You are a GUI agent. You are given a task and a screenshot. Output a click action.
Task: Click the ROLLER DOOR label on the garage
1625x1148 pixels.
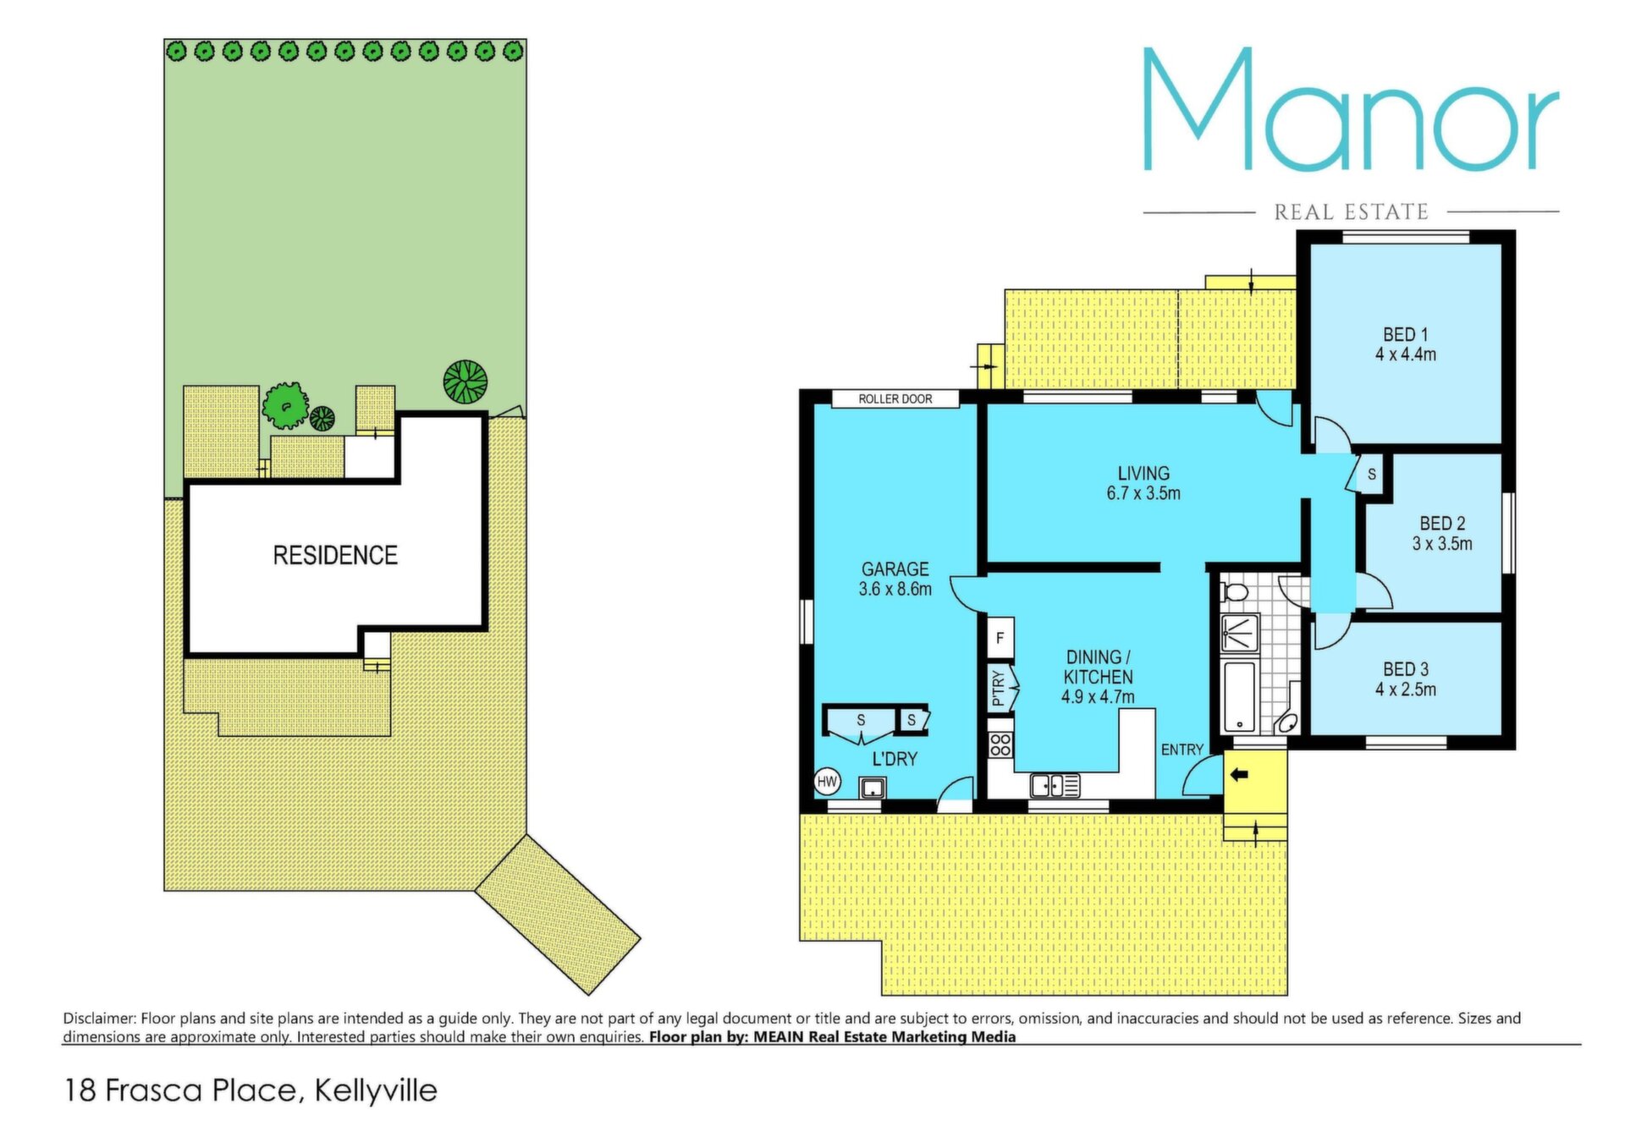pos(895,398)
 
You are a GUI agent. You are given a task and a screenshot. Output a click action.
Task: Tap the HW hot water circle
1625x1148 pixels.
pos(827,782)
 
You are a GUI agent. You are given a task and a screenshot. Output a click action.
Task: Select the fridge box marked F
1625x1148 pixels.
pos(1000,638)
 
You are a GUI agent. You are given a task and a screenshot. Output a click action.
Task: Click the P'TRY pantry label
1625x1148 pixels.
pos(998,689)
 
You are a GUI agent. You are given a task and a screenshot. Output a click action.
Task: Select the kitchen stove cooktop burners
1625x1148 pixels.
pos(1000,744)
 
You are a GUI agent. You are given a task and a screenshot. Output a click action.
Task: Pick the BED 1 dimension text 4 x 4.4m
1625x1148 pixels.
pos(1405,354)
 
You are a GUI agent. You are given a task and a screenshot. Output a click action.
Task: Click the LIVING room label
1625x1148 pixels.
pos(1143,474)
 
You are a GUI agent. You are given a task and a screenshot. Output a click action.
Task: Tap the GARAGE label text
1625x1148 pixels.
pos(895,569)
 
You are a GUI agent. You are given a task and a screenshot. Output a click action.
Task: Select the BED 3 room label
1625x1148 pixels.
pos(1405,669)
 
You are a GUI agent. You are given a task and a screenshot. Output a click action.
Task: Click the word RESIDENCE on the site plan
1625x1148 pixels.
pos(335,555)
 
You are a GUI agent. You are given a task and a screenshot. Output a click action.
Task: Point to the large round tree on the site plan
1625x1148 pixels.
pos(465,382)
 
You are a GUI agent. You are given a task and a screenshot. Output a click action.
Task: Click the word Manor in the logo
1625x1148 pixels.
pos(1351,109)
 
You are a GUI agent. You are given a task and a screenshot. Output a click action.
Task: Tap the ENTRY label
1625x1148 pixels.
pos(1182,750)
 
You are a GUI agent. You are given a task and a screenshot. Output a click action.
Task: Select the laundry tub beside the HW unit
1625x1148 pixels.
pos(873,788)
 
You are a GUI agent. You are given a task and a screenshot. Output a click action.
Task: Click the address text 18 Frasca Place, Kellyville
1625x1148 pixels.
pos(251,1090)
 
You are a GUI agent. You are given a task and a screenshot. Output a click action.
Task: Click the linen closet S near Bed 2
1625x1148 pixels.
pos(1371,475)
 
